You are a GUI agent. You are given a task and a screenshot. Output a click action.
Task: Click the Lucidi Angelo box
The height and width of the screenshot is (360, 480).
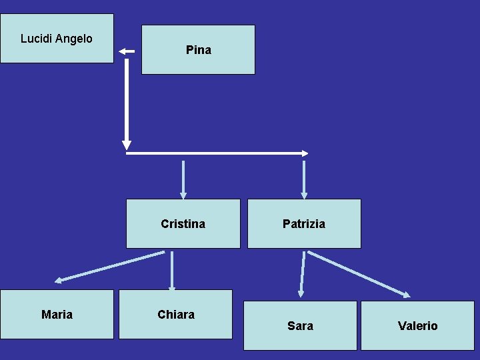[x=57, y=39]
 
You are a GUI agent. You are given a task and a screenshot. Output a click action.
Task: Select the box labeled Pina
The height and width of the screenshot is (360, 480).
[x=198, y=50]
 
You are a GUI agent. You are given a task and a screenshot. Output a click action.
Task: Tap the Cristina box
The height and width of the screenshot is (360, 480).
[x=183, y=224]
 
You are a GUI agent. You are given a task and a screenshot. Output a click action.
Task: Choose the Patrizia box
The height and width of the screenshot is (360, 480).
[x=304, y=224]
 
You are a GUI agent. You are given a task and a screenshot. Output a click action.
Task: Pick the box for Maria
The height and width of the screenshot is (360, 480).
[x=57, y=314]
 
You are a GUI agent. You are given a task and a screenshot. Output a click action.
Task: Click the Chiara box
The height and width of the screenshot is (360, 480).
[x=176, y=314]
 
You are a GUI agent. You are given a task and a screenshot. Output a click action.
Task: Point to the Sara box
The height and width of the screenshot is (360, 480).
[x=300, y=325]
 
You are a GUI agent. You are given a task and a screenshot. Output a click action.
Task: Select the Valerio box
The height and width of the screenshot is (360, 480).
[x=417, y=325]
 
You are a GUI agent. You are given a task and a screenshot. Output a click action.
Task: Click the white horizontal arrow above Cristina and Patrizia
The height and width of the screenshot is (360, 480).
[x=217, y=153]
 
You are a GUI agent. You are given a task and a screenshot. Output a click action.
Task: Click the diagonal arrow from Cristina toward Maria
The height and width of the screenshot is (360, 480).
[x=110, y=266]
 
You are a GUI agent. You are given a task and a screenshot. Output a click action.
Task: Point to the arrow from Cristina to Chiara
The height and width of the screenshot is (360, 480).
[x=172, y=271]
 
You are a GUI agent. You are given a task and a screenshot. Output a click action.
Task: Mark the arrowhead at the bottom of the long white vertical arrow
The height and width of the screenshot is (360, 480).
[x=127, y=145]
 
